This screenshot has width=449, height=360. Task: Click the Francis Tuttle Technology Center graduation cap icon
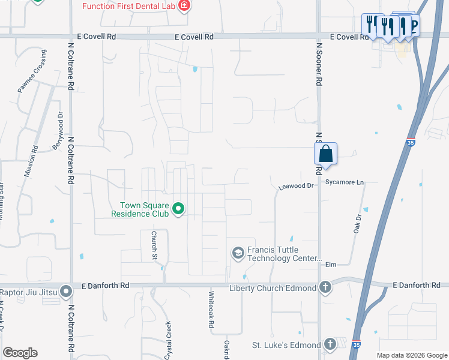(x=238, y=254)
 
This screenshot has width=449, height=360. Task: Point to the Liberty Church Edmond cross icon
(x=325, y=288)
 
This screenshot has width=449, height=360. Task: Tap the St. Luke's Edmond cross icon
(x=329, y=344)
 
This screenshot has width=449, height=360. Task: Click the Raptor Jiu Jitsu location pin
(x=66, y=292)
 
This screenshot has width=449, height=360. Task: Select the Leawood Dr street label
(x=297, y=187)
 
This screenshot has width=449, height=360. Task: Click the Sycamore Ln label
(x=345, y=182)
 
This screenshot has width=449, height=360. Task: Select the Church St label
(x=154, y=245)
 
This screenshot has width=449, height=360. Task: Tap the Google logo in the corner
(x=20, y=353)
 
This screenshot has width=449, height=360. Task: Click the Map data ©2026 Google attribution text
(x=412, y=355)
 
